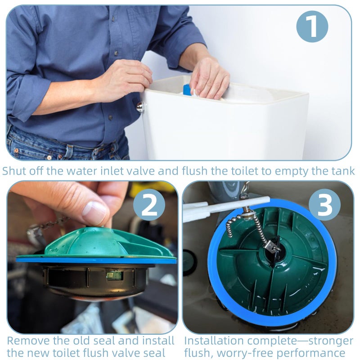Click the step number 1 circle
pos(312,27)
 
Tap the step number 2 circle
pos(149,205)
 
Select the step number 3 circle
pos(324,205)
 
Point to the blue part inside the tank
pos(187,90)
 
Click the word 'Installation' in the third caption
pos(214,341)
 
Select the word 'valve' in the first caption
pos(142,171)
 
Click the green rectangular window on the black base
pos(115,275)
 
